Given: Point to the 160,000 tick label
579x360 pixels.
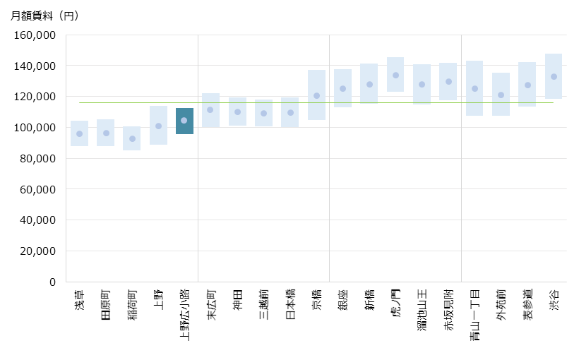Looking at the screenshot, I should [35, 35].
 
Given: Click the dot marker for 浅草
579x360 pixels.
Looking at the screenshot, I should [79, 133].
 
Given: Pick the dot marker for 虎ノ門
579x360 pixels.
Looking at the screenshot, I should [395, 75].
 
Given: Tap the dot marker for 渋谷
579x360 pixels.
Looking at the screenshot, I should [554, 76].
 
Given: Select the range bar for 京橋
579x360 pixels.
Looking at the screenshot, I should [316, 95].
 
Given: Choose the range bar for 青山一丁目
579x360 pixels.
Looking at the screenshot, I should [474, 88].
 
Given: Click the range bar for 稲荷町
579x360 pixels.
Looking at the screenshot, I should [132, 138].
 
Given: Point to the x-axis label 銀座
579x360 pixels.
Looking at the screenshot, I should [343, 300].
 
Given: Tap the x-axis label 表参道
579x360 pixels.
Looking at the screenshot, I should [527, 305].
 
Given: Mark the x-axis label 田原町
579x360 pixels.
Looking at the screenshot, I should [106, 305].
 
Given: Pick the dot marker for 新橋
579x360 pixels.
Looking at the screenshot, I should [369, 84].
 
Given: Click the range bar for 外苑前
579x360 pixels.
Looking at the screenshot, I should [501, 94].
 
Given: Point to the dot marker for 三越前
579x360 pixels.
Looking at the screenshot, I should [263, 113].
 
